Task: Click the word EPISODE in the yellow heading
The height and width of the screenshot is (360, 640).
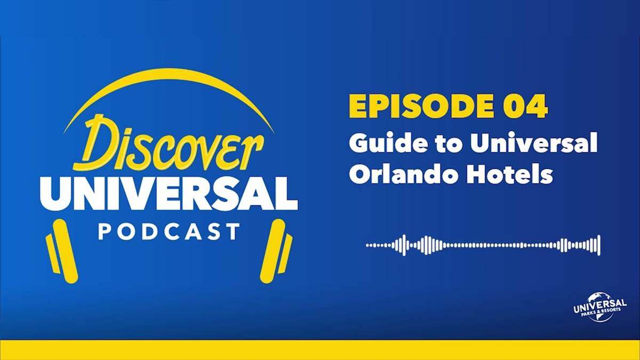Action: (421, 106)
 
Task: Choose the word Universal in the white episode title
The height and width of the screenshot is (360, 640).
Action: (534, 142)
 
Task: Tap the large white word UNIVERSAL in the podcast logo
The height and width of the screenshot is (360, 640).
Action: (169, 194)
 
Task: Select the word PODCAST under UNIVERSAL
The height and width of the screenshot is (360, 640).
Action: (169, 231)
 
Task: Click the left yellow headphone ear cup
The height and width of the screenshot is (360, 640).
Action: (63, 251)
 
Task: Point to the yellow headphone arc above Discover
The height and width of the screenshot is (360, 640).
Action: (169, 73)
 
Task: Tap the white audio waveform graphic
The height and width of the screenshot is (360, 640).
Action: (483, 245)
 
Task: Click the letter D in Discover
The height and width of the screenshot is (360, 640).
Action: (97, 142)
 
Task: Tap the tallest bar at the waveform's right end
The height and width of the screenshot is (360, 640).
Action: (599, 245)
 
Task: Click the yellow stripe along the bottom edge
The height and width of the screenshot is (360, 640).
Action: (320, 350)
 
